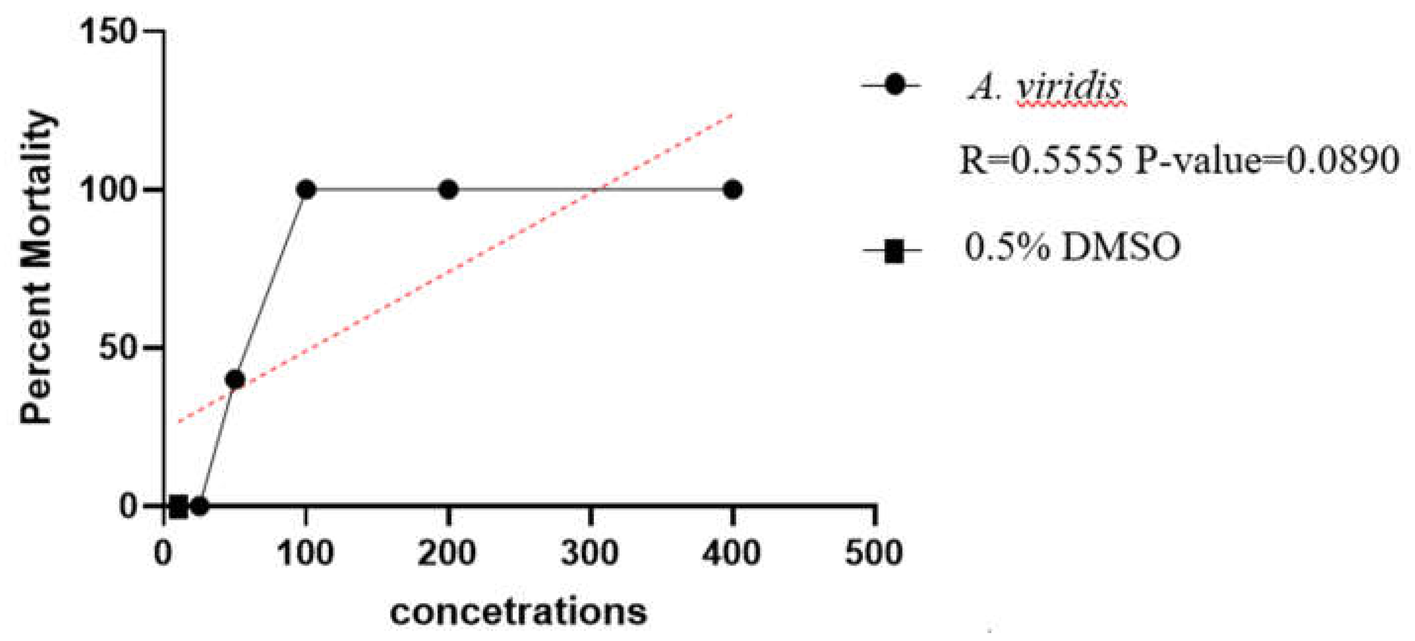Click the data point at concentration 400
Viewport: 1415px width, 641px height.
(732, 190)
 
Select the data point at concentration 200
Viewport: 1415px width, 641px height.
(448, 190)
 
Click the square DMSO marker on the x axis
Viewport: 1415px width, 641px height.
(178, 506)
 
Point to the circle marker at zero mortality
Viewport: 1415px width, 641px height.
(200, 506)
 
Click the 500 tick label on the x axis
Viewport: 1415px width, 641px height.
(874, 552)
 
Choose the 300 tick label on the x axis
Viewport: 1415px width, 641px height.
(590, 552)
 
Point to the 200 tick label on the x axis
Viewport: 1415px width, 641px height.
(447, 552)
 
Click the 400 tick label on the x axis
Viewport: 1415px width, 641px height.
(732, 552)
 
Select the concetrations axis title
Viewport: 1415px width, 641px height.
(519, 612)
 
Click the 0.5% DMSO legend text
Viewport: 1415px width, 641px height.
(1072, 247)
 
